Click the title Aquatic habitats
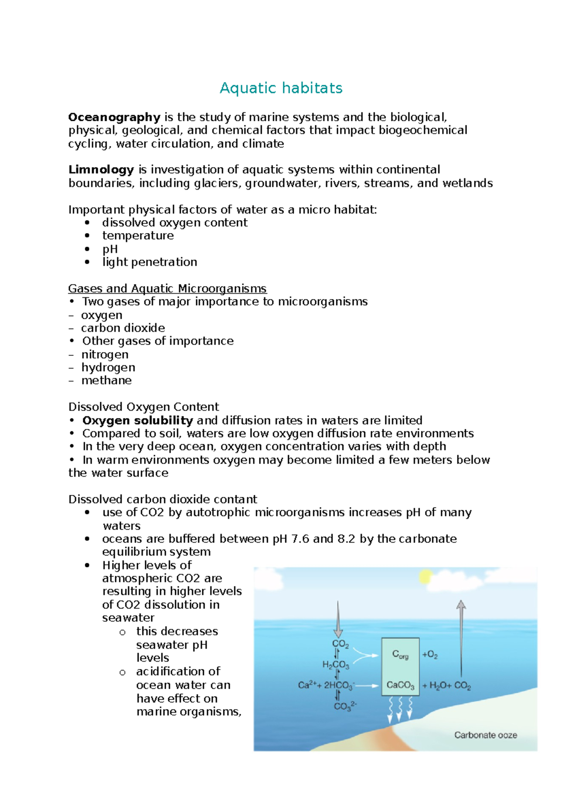pos(281,88)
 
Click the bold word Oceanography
pos(114,117)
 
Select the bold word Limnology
pos(101,169)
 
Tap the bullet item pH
pos(110,249)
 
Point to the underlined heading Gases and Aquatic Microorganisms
pos(167,288)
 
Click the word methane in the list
pos(106,381)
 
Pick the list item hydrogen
pos(108,368)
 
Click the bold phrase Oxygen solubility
pos(138,420)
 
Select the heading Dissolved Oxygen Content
pos(143,407)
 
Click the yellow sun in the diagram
pos(425,577)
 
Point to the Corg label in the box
pos(400,655)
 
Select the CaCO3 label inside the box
pos(400,685)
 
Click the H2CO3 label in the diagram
pos(336,665)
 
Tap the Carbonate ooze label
pos(486,735)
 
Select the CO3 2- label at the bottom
pos(345,706)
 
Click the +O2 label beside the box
pos(430,655)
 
